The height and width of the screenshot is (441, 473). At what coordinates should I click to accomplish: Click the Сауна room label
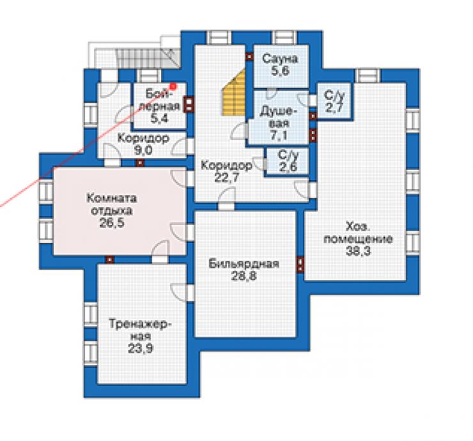coord(280,59)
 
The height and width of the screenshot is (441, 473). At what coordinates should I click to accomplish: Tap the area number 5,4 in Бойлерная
coord(159,118)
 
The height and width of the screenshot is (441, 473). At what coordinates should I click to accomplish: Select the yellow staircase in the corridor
coord(234,91)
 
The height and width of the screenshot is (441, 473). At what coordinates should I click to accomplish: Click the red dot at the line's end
coord(173,86)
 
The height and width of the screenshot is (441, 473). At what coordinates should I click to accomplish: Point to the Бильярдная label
coord(244,263)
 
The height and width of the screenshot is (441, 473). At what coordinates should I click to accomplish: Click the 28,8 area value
coord(244,275)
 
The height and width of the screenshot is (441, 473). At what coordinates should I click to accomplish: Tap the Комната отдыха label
coord(112,205)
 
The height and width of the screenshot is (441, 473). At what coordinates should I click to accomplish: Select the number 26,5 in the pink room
coord(112,223)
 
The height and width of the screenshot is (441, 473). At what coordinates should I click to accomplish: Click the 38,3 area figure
coord(358,251)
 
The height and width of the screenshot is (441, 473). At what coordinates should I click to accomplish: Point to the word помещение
coord(358,239)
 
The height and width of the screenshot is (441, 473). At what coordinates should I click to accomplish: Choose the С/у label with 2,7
coord(334,95)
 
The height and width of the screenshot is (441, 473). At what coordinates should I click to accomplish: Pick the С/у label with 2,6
coord(288,155)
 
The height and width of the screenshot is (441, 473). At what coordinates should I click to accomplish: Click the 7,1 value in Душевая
coord(279,135)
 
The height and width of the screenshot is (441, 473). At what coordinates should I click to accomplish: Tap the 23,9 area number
coord(141,348)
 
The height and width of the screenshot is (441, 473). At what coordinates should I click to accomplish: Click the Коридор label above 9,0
coord(143,138)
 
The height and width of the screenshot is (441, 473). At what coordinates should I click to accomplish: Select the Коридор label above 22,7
coord(226,166)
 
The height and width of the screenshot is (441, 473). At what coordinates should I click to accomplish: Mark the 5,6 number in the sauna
coord(280,70)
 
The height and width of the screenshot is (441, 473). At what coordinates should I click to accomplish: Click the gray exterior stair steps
coord(139,59)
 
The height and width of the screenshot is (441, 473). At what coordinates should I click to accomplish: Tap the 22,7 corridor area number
coord(226,178)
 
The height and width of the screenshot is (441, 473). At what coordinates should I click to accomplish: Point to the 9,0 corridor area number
coord(143,150)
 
